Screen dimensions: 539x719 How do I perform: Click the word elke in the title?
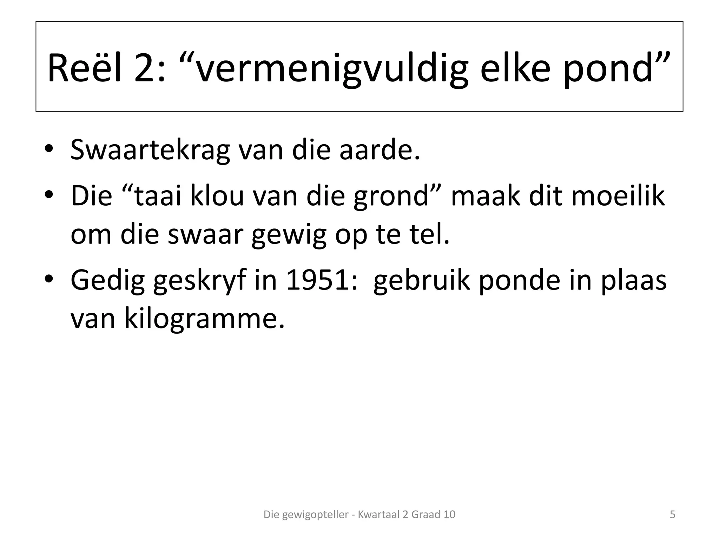click(x=515, y=68)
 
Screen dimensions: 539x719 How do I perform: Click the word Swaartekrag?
click(x=150, y=150)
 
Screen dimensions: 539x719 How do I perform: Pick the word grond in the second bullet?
click(x=391, y=197)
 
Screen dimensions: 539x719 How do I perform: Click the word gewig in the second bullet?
click(x=289, y=235)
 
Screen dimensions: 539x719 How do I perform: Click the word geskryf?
click(x=199, y=281)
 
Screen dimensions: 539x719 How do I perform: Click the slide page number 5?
click(x=672, y=514)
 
